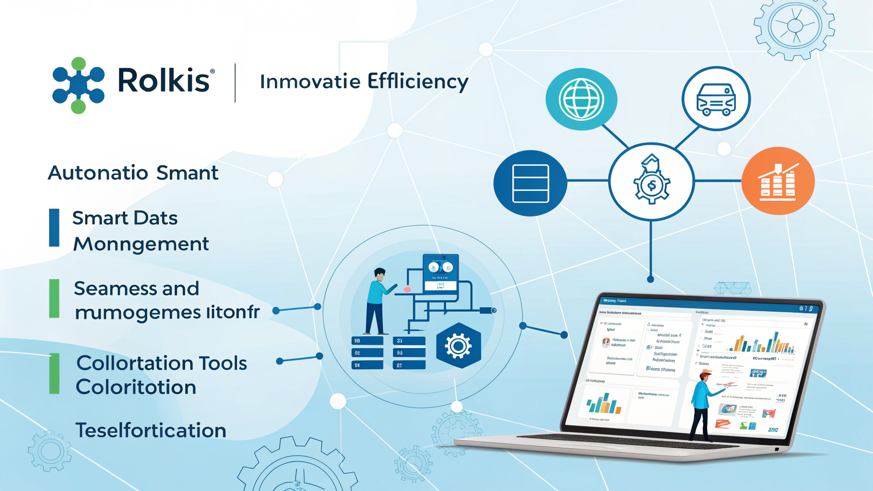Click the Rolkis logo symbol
coord(78,85)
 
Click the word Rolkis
coord(164,80)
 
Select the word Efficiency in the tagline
coord(418,82)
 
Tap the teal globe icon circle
coord(581,99)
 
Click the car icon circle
coord(716,99)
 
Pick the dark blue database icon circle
coord(530,183)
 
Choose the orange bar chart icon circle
coord(778,181)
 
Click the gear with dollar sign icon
coord(651,181)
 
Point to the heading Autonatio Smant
coord(133,173)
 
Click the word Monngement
coord(141,244)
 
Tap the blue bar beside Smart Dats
coord(54,228)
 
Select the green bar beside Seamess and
coord(54,298)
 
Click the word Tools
coord(223,363)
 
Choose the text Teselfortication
coord(151,430)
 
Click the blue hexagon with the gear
coord(458,345)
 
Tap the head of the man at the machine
coord(379,275)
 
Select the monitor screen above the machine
coord(440,272)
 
